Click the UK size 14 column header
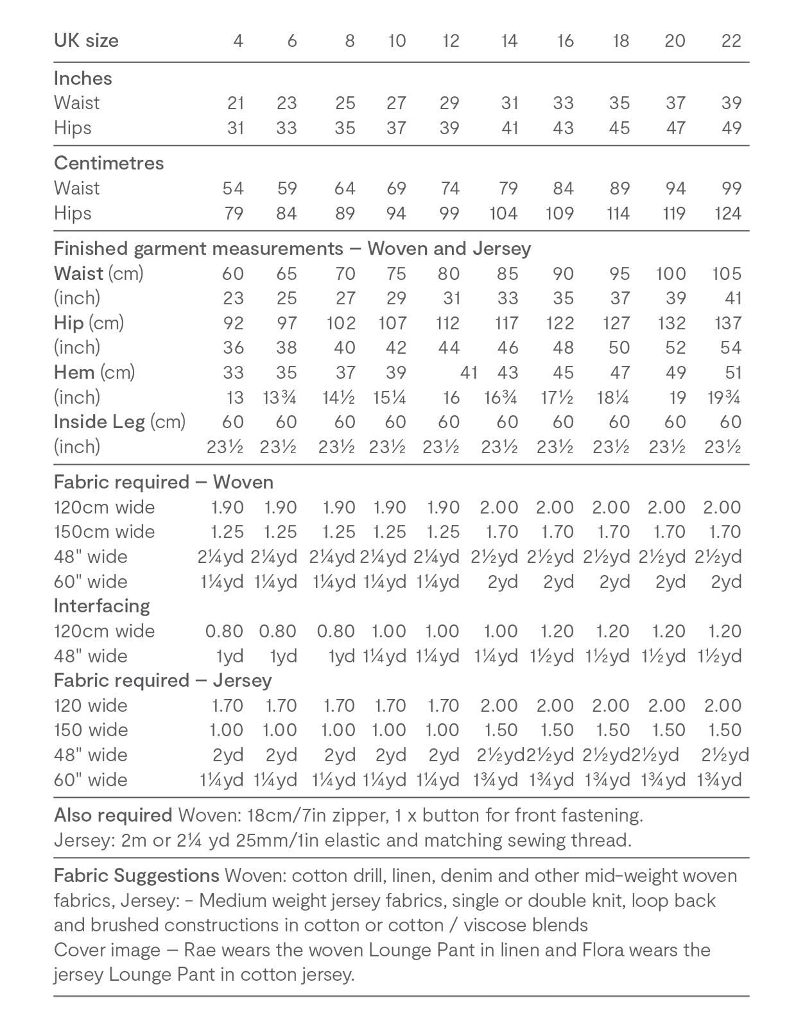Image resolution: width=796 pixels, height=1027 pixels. click(x=509, y=41)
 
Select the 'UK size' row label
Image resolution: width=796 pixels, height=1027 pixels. click(x=86, y=41)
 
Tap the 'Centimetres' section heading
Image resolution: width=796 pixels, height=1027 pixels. click(x=108, y=163)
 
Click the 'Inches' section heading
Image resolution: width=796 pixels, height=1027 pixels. click(x=83, y=78)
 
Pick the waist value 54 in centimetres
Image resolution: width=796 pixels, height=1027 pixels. click(x=233, y=188)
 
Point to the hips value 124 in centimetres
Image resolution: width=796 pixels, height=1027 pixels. click(x=728, y=213)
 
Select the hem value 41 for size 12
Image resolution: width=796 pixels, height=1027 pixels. click(x=469, y=372)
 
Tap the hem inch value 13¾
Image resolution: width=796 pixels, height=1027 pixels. click(x=280, y=397)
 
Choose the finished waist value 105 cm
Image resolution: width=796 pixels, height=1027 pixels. click(x=727, y=273)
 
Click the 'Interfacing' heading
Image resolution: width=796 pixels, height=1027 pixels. click(x=101, y=606)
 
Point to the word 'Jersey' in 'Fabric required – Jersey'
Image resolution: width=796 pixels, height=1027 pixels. click(x=242, y=680)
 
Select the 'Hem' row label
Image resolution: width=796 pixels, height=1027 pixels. click(x=74, y=372)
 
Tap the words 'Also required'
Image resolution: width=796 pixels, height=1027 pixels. click(x=112, y=815)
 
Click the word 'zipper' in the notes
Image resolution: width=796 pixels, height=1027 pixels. click(x=359, y=815)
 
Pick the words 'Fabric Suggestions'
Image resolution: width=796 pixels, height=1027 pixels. click(x=136, y=876)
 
